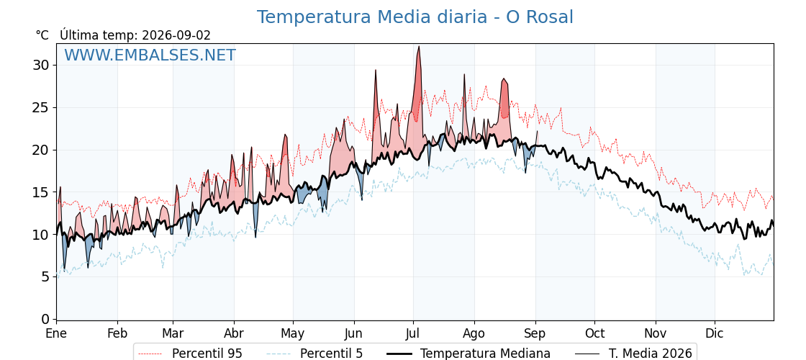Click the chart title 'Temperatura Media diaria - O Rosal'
415,17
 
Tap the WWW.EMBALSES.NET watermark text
150,55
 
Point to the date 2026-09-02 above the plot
176,35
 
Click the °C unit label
42,35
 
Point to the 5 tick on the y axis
45,276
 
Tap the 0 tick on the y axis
45,319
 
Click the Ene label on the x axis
56,333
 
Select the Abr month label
234,333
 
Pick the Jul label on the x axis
413,333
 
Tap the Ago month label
474,333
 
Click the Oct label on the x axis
594,333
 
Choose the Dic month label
715,333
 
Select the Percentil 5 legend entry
315,354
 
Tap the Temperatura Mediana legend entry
468,354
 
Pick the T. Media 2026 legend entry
633,354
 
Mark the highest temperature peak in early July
419,46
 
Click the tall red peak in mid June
376,70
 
